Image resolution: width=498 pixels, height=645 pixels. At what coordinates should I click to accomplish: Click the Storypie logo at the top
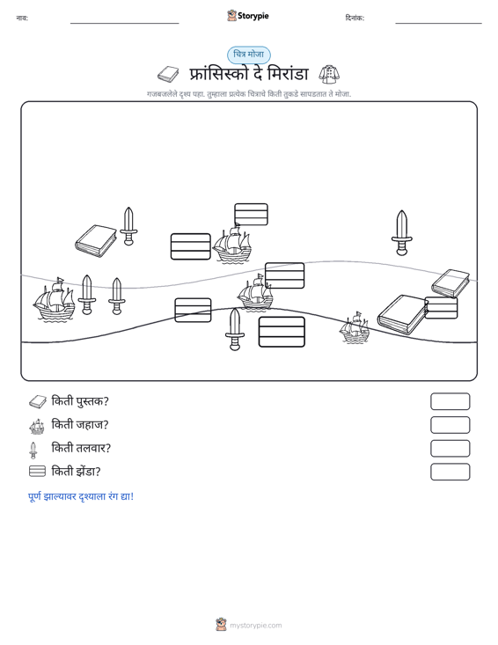248,16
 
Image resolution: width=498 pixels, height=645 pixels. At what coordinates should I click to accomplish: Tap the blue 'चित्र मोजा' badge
249,55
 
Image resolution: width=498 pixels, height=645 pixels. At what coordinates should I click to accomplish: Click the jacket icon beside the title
329,74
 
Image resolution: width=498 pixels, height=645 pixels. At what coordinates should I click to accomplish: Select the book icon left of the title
168,75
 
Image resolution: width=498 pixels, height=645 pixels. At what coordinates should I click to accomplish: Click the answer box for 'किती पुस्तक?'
450,401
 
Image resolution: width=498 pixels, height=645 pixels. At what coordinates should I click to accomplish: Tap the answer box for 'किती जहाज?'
450,425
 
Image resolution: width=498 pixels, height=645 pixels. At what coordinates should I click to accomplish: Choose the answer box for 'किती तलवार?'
450,449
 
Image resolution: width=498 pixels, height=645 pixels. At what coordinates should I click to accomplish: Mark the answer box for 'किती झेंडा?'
450,472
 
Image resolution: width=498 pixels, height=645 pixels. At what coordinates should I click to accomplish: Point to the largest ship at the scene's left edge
54,299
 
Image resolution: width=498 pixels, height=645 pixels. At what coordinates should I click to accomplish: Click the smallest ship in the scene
355,327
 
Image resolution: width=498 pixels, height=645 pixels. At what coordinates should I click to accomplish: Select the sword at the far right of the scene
401,233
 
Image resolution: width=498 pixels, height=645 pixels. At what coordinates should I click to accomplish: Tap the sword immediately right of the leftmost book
128,226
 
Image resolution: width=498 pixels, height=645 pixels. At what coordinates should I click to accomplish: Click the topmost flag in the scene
251,215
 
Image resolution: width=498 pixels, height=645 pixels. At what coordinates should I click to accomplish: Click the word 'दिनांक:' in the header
355,18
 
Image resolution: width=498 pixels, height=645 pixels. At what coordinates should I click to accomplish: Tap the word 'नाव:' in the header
22,18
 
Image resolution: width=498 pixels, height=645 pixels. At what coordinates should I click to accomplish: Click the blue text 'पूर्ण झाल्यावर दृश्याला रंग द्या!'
81,496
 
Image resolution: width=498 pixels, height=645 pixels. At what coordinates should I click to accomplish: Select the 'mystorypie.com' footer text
256,626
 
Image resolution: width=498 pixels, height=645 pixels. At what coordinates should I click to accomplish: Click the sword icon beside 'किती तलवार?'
33,450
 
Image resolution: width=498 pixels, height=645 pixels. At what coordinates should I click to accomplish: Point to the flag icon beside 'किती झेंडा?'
37,472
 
